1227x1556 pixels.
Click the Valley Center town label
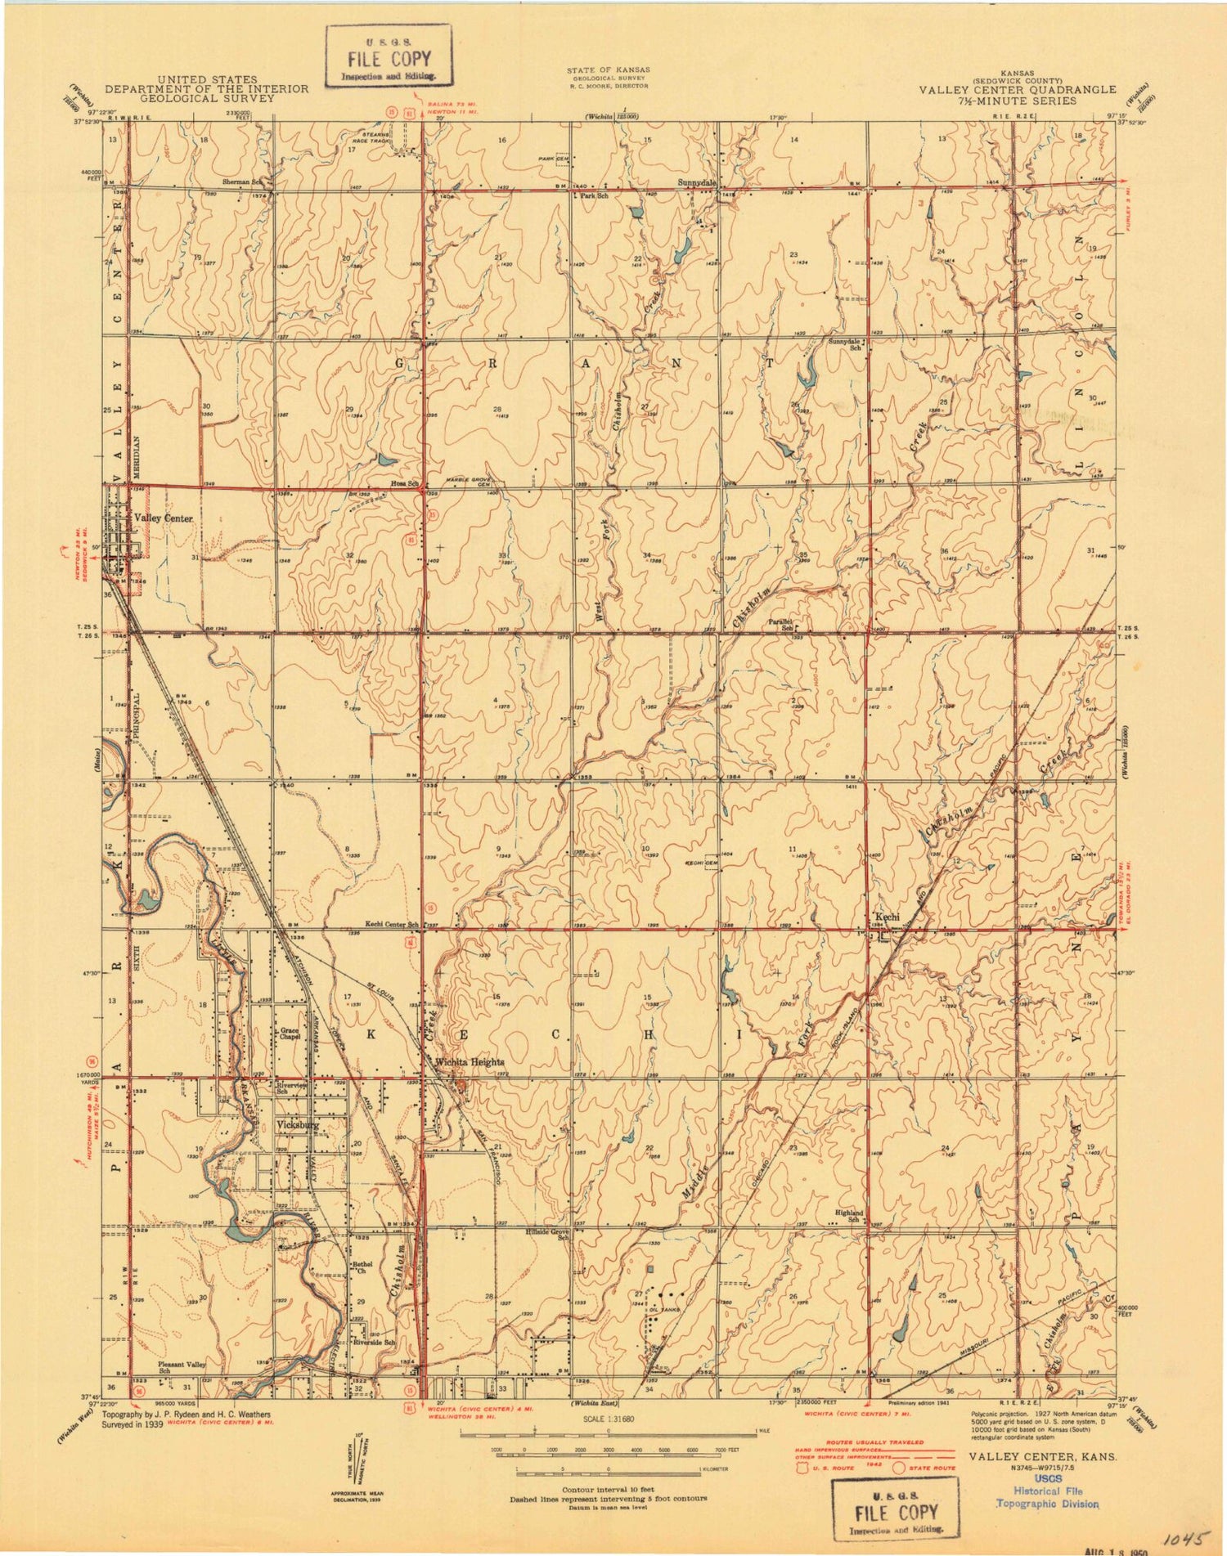pyautogui.click(x=163, y=518)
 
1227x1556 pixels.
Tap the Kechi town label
pyautogui.click(x=888, y=917)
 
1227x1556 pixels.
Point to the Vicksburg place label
pyautogui.click(x=298, y=1125)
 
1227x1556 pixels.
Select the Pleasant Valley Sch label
pyautogui.click(x=182, y=1367)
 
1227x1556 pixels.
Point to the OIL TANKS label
pyautogui.click(x=664, y=1309)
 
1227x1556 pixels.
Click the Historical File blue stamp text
pyautogui.click(x=1047, y=1491)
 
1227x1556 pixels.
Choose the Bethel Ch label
pyautogui.click(x=362, y=1267)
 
